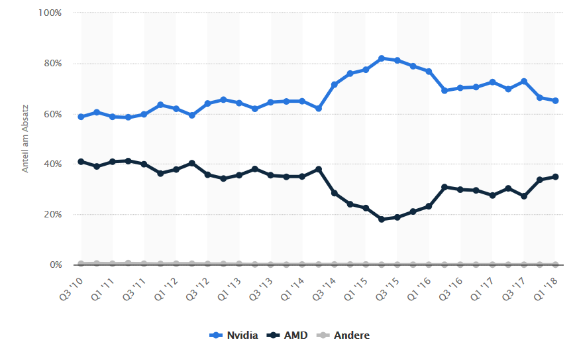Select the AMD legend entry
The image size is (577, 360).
tap(288, 335)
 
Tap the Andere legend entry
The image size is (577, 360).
tap(344, 335)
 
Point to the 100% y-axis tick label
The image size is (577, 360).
tap(50, 13)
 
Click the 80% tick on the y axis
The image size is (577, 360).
tap(53, 64)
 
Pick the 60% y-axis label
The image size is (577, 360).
tap(53, 114)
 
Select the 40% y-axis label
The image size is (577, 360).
tap(53, 164)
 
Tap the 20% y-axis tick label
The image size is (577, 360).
tap(53, 215)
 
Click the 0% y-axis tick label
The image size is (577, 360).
tap(56, 265)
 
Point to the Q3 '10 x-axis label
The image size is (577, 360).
tap(72, 287)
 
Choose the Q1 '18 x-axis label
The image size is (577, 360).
tap(547, 287)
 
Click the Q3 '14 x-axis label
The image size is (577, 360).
tap(325, 287)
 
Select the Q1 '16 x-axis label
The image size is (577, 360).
tap(420, 287)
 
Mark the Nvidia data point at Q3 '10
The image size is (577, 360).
tap(81, 117)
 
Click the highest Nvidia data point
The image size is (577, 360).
tap(382, 58)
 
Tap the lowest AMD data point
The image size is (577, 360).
tap(382, 219)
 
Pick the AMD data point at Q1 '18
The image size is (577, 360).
tap(555, 176)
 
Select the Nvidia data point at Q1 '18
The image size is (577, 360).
tap(555, 101)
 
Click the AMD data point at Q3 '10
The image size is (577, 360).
tap(81, 162)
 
